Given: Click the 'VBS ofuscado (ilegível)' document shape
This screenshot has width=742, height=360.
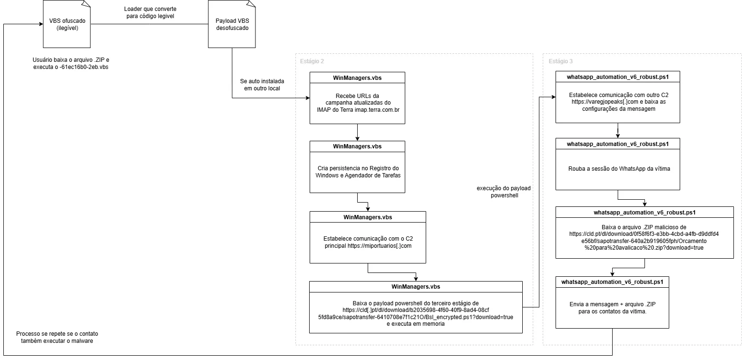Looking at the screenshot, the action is click(67, 24).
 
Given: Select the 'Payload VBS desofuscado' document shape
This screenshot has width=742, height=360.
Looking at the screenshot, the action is click(232, 24).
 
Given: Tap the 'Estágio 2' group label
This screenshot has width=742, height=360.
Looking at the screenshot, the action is click(312, 61).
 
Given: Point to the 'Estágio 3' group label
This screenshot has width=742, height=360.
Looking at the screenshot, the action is click(560, 61).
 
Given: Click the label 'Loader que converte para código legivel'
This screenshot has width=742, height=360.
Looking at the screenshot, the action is click(150, 12).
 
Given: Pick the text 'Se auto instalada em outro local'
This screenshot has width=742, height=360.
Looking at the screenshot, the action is click(262, 85).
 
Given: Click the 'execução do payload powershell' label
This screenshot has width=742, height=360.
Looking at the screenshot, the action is click(504, 192).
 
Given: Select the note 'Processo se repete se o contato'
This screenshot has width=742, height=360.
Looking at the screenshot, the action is click(57, 334).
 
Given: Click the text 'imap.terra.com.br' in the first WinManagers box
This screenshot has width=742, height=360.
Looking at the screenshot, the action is click(377, 110).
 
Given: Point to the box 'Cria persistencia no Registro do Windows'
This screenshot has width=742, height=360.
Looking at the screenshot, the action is click(357, 167).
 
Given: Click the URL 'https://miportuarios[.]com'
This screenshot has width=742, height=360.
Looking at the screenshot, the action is click(379, 246).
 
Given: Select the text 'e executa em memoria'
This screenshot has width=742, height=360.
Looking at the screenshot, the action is click(416, 324).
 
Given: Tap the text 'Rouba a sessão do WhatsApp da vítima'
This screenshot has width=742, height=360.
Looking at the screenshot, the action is click(619, 168).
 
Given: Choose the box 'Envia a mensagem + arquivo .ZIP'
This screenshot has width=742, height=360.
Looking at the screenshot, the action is click(612, 302).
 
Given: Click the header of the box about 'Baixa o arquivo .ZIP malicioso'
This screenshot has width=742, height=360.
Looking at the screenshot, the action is click(644, 212).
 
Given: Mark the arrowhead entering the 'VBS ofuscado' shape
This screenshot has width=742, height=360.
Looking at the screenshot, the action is click(41, 24).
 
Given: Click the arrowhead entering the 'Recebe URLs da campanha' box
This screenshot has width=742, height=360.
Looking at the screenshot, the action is click(308, 97).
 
